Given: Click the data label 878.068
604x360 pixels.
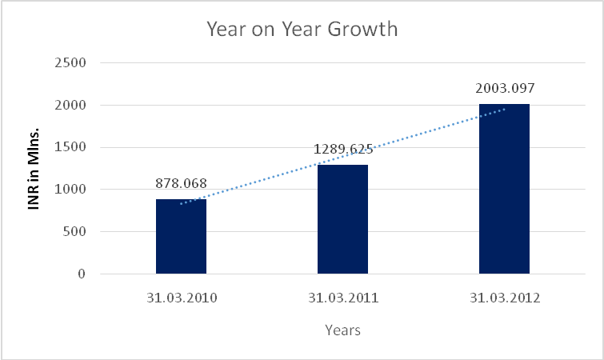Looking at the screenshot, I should [x=182, y=183].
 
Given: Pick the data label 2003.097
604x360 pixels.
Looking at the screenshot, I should [x=504, y=88].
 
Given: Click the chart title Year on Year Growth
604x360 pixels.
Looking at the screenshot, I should [x=302, y=30].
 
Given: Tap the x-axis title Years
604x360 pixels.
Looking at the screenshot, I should [x=342, y=330].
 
